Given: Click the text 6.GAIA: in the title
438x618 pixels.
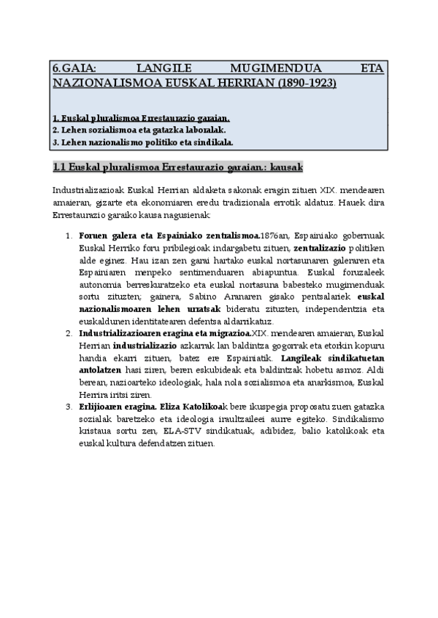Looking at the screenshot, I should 75,69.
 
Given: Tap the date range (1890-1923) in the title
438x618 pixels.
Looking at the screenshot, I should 306,83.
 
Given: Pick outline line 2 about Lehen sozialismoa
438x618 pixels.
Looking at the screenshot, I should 128,129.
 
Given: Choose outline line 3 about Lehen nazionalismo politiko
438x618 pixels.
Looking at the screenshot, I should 143,141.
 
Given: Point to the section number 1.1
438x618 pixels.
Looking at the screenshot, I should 61,167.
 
